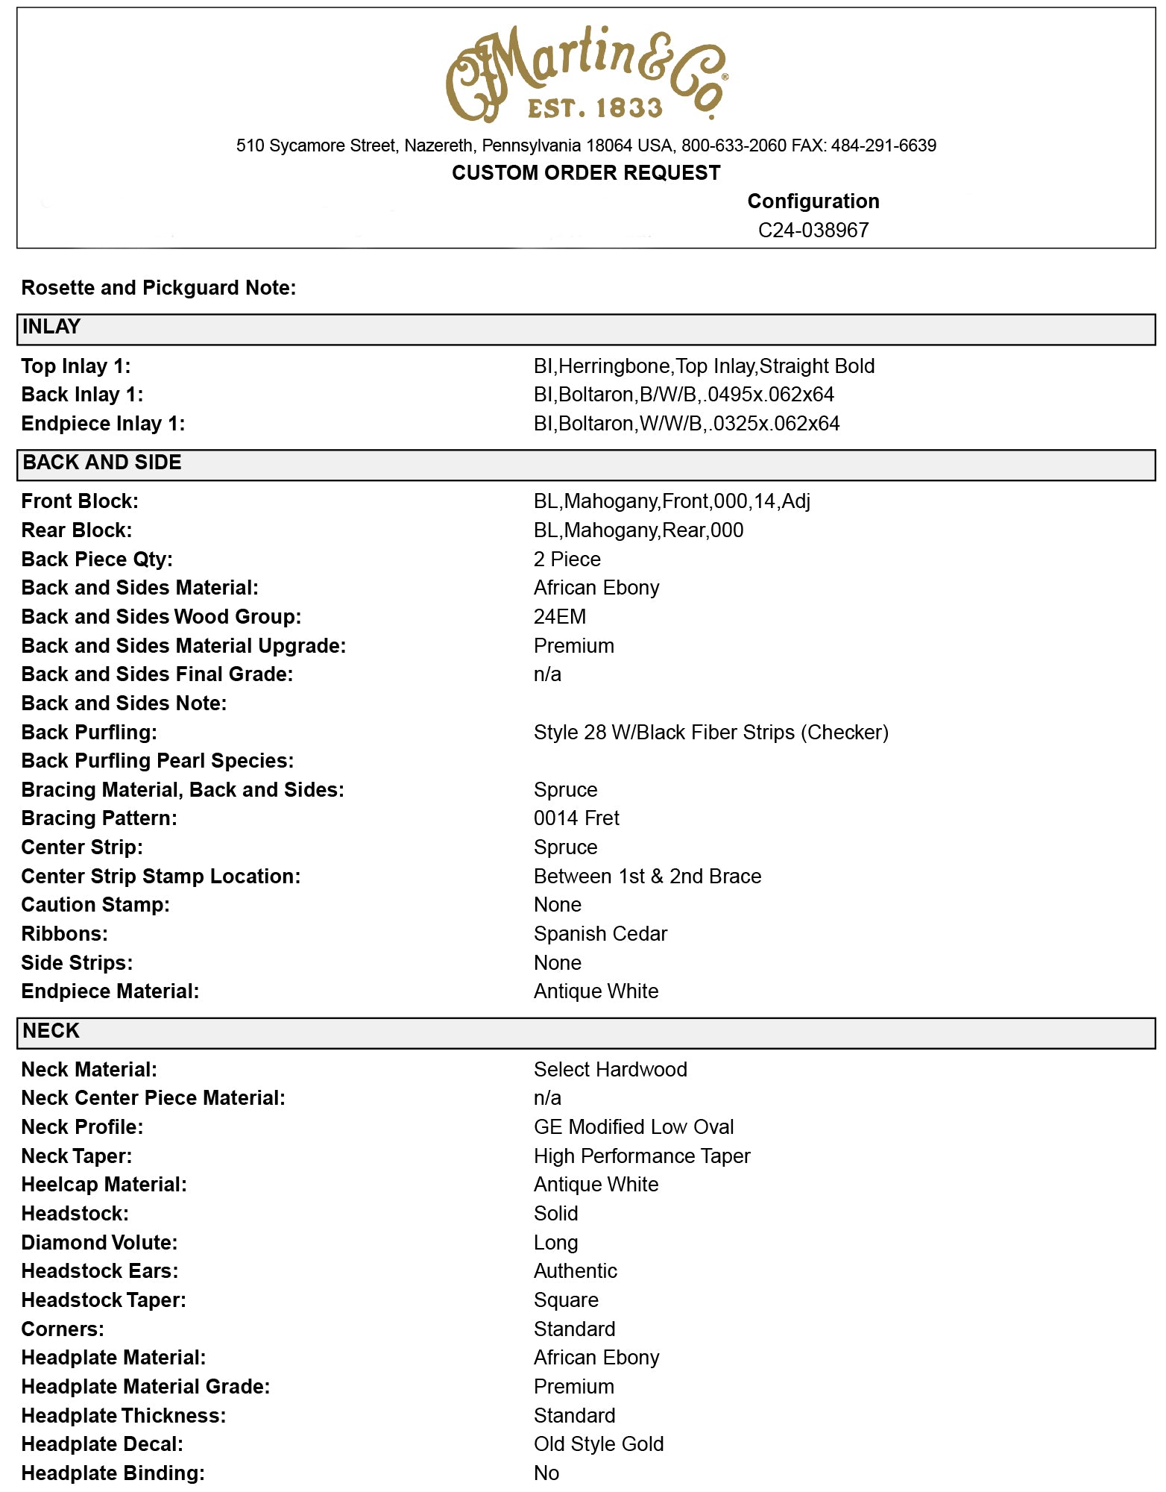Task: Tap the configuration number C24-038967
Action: point(813,230)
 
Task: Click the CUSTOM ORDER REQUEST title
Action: point(586,173)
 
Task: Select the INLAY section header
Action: point(51,327)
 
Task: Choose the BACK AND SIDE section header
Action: point(101,463)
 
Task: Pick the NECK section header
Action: point(51,1032)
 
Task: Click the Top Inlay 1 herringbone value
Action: point(704,366)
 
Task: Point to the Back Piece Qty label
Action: point(97,559)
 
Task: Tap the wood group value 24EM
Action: point(559,617)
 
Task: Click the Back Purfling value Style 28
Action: point(710,733)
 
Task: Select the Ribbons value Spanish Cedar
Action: point(600,934)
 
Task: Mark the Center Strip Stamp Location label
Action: point(160,877)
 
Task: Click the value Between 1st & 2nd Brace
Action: point(647,877)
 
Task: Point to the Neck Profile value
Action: point(633,1127)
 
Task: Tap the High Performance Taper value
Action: point(641,1156)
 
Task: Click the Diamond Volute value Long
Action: point(555,1243)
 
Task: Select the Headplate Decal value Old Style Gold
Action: point(598,1444)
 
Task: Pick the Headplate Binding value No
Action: point(546,1473)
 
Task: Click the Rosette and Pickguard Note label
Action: point(158,288)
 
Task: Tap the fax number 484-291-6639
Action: point(883,145)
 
